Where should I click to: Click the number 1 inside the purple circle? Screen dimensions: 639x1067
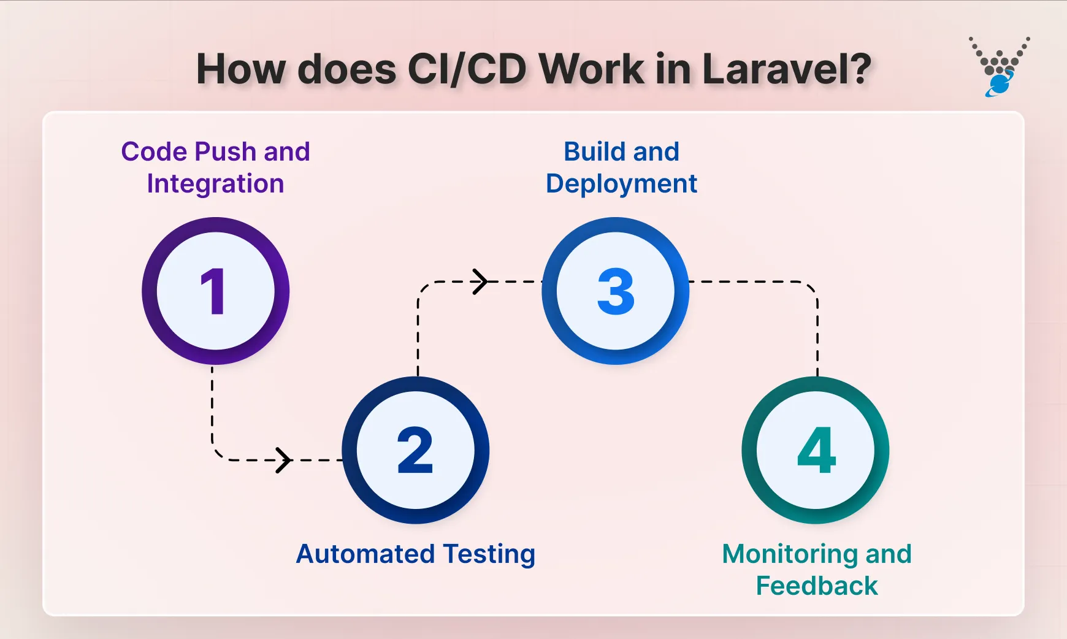pos(213,292)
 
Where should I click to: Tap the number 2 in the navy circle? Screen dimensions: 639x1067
pos(415,451)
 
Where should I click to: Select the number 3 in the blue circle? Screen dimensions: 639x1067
pos(616,292)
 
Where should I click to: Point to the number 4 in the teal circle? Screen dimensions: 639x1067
pos(816,451)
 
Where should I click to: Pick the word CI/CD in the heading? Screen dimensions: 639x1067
pos(466,69)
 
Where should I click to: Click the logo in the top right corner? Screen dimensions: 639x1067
pos(999,67)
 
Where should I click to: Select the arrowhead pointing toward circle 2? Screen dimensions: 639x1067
pos(283,460)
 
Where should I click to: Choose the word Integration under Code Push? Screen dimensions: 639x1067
pos(215,184)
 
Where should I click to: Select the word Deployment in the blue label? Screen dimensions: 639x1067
pos(621,184)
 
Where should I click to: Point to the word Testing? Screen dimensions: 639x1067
pos(489,555)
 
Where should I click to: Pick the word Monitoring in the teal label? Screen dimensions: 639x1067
pos(790,554)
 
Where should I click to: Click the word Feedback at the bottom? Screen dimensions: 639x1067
pos(817,586)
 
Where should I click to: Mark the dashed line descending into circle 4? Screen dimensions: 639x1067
pos(817,343)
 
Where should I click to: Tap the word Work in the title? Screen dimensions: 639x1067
pos(591,69)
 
